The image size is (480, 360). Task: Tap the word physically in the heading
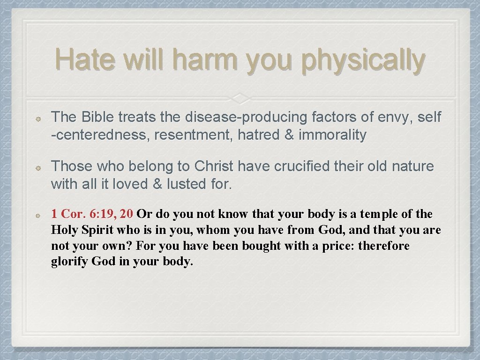[x=363, y=61]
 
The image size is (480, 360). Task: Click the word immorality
[x=332, y=135]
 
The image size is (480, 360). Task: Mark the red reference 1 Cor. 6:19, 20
[x=92, y=214]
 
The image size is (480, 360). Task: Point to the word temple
[x=373, y=214]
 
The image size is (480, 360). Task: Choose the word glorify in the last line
[x=70, y=262]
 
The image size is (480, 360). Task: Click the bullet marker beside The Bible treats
[x=40, y=119]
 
